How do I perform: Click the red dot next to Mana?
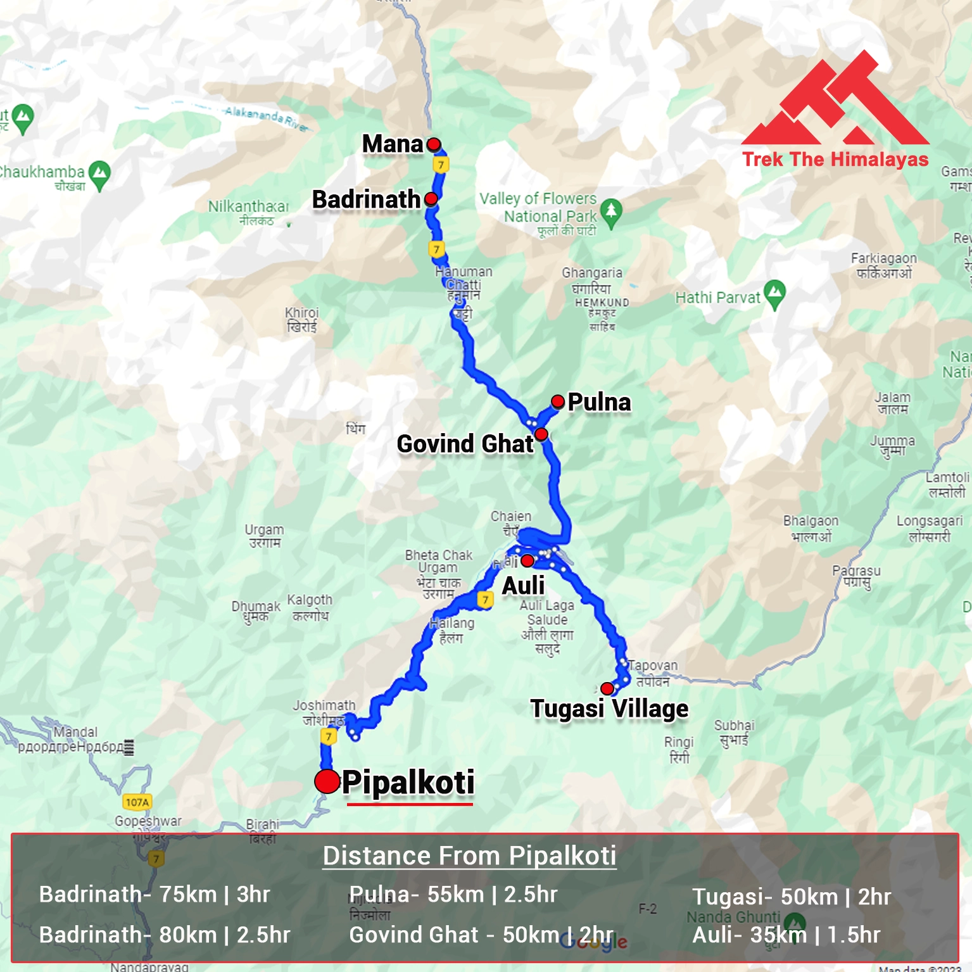tap(434, 145)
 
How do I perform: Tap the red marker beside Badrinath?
tap(431, 199)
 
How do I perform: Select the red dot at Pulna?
tap(558, 401)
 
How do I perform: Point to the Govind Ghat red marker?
tap(541, 434)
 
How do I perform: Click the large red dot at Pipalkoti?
tap(327, 781)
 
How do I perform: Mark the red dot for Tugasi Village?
tap(607, 688)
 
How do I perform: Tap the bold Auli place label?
tap(523, 586)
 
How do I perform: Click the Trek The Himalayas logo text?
tap(835, 160)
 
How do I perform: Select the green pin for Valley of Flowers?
tap(611, 212)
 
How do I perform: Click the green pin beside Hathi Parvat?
tap(774, 294)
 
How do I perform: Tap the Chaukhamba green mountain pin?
tap(99, 174)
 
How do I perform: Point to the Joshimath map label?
tap(324, 705)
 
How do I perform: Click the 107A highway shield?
tap(137, 802)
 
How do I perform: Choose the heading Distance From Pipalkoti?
tap(469, 855)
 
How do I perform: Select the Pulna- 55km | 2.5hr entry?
tap(453, 894)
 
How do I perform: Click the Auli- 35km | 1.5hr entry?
tap(786, 935)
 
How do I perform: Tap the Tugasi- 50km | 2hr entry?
tap(792, 897)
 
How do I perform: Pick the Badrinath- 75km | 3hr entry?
tap(155, 894)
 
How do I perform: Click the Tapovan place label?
tap(653, 666)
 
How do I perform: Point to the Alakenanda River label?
tap(266, 117)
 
